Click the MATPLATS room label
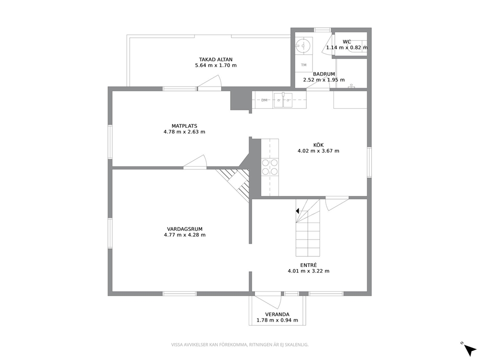pos(184,126)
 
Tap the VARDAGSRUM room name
pos(184,229)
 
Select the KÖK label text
pos(318,145)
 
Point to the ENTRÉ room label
pos(309,265)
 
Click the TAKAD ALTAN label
pos(216,60)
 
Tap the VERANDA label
pos(277,315)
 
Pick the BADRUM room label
pos(324,74)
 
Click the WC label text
pos(347,42)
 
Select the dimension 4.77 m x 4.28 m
pos(184,235)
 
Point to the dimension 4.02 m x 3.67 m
pos(318,151)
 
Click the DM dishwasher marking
pos(264,100)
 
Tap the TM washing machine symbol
pos(304,65)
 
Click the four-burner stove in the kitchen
pos(270,167)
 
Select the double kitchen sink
pos(283,100)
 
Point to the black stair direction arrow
pos(297,211)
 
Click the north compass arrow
pos(469,349)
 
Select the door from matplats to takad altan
pos(210,83)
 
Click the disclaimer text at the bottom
pos(240,345)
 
